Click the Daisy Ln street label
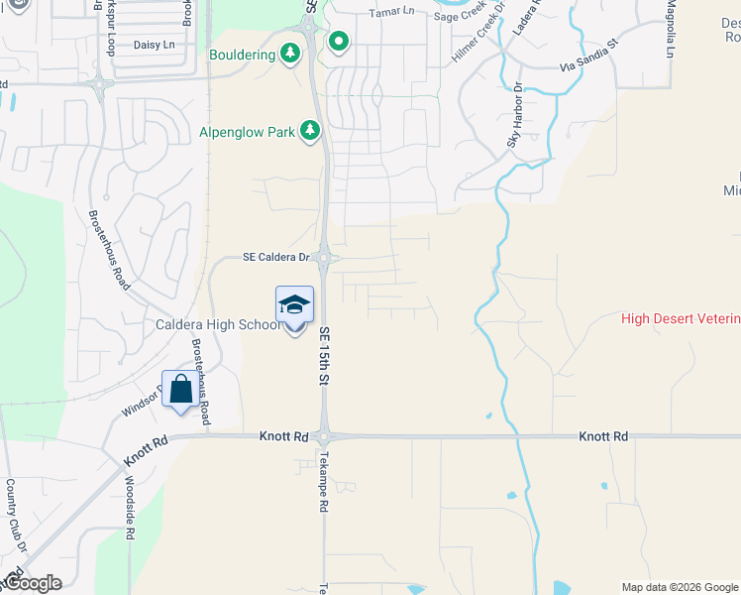154,45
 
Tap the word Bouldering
242,55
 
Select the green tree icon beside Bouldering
290,53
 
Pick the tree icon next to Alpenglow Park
310,130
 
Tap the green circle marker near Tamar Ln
339,42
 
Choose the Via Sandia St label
588,57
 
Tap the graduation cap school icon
294,304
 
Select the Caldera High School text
218,324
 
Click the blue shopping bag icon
180,390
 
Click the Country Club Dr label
16,516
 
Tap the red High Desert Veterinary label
681,318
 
